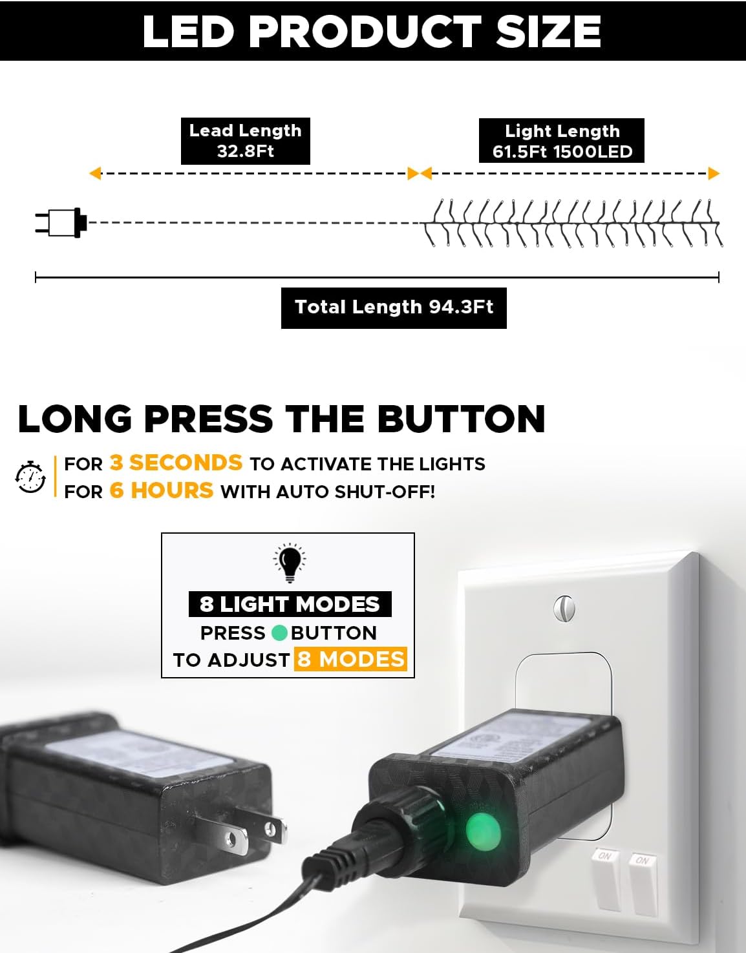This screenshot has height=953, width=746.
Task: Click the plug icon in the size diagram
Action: (61, 222)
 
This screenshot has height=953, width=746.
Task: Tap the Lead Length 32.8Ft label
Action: (245, 141)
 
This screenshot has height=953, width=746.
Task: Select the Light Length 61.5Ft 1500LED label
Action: (561, 141)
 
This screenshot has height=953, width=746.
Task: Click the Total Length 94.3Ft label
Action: (394, 308)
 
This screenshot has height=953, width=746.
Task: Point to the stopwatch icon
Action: (30, 477)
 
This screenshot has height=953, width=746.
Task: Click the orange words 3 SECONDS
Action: (176, 463)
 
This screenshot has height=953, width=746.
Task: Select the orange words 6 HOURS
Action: (161, 490)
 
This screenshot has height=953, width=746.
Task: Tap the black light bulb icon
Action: (290, 563)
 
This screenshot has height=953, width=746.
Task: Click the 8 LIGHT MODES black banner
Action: (290, 604)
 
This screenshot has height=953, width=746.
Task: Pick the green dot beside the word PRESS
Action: (279, 633)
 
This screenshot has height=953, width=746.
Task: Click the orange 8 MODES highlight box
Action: (350, 659)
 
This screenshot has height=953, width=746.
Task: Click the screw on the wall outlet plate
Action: (564, 608)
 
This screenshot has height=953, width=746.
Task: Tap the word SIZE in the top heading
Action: (548, 31)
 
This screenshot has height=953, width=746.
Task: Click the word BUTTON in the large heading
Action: (461, 419)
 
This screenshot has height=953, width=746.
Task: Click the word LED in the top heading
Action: (188, 31)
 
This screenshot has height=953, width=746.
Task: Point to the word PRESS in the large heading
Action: (208, 419)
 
